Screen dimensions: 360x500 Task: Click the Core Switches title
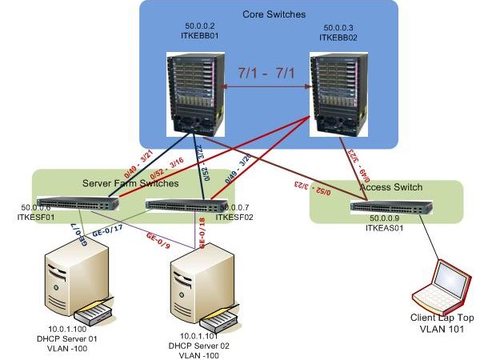pyautogui.click(x=268, y=15)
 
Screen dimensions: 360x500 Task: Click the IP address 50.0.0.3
pyautogui.click(x=336, y=26)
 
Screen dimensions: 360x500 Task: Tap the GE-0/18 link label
pyautogui.click(x=202, y=232)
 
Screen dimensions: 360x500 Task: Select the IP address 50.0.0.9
pyautogui.click(x=386, y=218)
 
